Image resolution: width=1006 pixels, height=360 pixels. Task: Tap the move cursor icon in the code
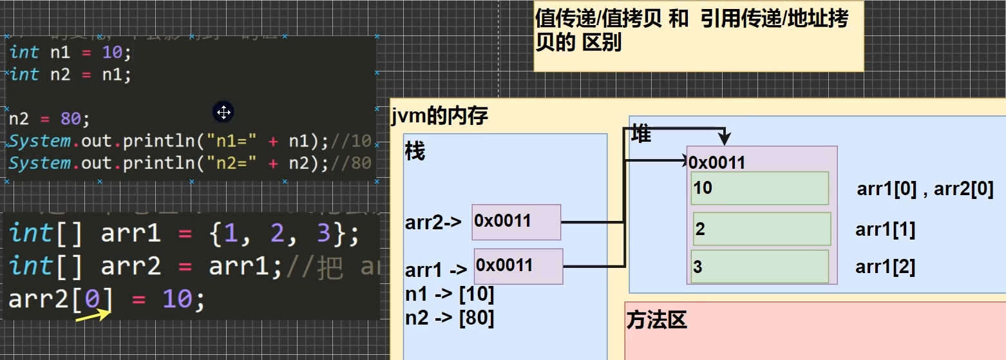[223, 113]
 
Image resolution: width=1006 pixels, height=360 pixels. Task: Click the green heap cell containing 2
[761, 229]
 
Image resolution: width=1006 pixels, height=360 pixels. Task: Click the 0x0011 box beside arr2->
[517, 222]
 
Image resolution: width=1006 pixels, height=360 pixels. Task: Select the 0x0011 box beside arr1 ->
[518, 266]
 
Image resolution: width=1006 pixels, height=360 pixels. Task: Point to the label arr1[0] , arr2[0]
[925, 189]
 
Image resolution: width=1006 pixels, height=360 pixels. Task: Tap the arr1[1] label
[886, 230]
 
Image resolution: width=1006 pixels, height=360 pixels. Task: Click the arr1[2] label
[886, 267]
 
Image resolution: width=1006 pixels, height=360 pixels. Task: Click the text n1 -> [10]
[450, 295]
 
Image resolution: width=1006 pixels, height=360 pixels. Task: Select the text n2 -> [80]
[450, 318]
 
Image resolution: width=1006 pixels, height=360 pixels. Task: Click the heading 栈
[415, 153]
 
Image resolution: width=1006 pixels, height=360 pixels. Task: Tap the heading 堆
[641, 134]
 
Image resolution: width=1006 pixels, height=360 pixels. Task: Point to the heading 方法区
[657, 320]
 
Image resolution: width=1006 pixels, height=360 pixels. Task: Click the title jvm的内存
[439, 116]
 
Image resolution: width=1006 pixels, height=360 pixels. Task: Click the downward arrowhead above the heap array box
[726, 139]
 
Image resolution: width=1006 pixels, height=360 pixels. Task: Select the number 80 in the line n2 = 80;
[70, 119]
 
